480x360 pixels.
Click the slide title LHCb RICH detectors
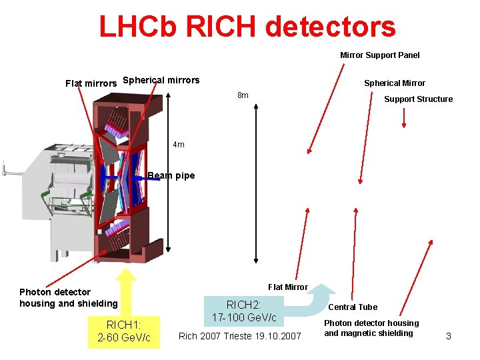pos(247,27)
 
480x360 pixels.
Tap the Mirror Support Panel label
pos(380,55)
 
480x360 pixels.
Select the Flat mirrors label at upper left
pos(91,83)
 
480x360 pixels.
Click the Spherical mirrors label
pos(161,81)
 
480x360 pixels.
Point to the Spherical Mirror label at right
pos(394,83)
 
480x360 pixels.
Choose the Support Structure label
pos(418,99)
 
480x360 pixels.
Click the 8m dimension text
pos(243,95)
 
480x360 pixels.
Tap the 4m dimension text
pos(179,145)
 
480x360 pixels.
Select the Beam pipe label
pos(171,176)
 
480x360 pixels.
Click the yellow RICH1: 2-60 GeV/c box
pos(124,331)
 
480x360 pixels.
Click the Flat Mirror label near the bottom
pos(287,287)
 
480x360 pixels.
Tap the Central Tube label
pos(353,307)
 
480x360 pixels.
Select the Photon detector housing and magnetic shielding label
pos(371,328)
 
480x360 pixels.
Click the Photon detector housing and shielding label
pos(68,298)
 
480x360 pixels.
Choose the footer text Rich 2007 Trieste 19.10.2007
pos(239,335)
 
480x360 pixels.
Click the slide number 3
pos(448,336)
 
